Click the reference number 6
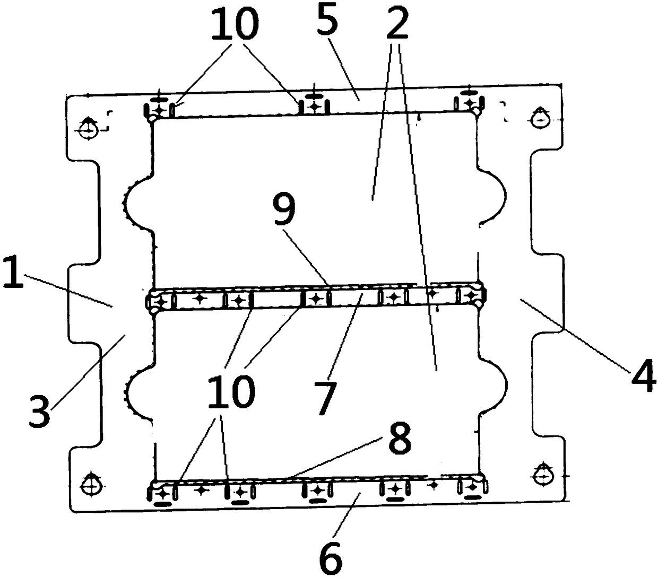point(330,554)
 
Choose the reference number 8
point(400,438)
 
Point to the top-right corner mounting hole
point(540,119)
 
